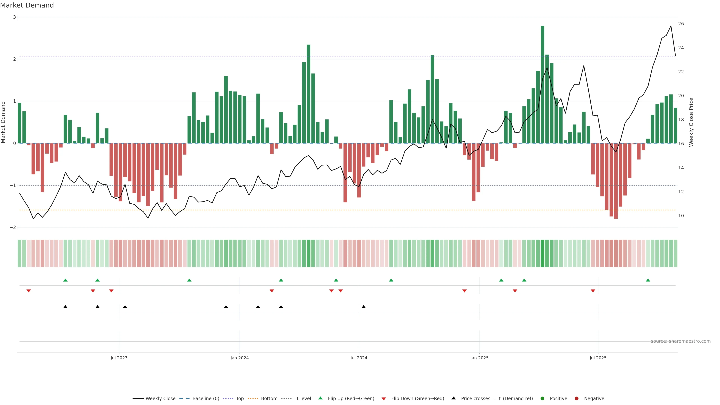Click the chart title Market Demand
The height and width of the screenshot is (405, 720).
27,5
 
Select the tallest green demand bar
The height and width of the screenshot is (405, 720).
542,84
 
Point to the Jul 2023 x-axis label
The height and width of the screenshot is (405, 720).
119,358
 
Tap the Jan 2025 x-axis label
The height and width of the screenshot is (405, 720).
479,358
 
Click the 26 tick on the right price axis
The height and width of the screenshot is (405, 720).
681,24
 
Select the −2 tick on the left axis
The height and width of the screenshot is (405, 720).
13,227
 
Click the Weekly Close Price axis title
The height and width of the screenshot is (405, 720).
691,122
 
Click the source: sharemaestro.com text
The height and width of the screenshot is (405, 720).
681,341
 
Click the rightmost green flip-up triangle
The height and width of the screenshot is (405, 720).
648,280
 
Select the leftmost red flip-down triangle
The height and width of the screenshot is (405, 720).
28,291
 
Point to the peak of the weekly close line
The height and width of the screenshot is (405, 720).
671,26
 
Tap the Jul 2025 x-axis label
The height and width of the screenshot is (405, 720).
598,358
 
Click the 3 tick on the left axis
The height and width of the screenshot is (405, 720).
15,17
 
